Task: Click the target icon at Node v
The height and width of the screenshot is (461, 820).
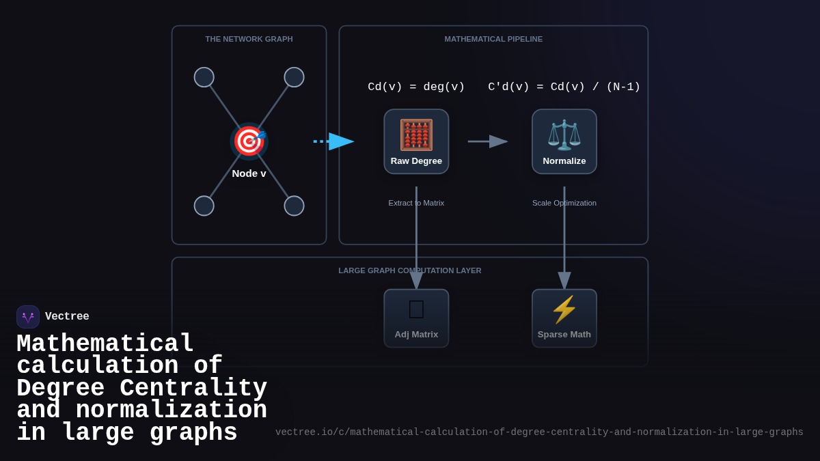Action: tap(249, 141)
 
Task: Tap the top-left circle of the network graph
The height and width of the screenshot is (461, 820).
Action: tap(204, 77)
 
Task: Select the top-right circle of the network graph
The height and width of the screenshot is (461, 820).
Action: tap(294, 77)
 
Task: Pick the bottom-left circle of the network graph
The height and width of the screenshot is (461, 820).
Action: tap(204, 206)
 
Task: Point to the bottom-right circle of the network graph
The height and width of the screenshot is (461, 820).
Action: tap(294, 206)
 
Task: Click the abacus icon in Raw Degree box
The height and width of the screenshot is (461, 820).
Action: tap(416, 135)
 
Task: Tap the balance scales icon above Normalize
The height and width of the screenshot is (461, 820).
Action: tap(564, 135)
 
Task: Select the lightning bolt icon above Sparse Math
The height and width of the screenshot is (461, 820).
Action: tap(564, 309)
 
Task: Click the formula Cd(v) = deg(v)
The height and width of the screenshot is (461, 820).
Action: tap(416, 87)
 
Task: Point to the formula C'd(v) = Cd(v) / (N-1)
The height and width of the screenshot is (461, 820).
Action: tap(564, 87)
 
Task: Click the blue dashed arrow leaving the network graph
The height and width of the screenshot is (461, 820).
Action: tap(333, 141)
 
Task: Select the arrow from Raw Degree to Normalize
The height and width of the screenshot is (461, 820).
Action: tap(488, 141)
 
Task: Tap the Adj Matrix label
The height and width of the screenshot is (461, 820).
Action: tap(416, 334)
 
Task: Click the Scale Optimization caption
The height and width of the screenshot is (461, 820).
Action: tap(564, 203)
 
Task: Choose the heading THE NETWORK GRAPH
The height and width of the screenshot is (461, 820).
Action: tap(249, 39)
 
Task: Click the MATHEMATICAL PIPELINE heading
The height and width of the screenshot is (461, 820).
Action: tap(493, 39)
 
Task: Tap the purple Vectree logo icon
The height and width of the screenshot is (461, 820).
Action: tap(28, 317)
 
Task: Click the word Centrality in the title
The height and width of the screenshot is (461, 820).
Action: tap(193, 388)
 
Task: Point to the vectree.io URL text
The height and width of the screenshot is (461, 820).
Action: tap(539, 432)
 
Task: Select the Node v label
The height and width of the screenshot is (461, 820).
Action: tap(249, 173)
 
